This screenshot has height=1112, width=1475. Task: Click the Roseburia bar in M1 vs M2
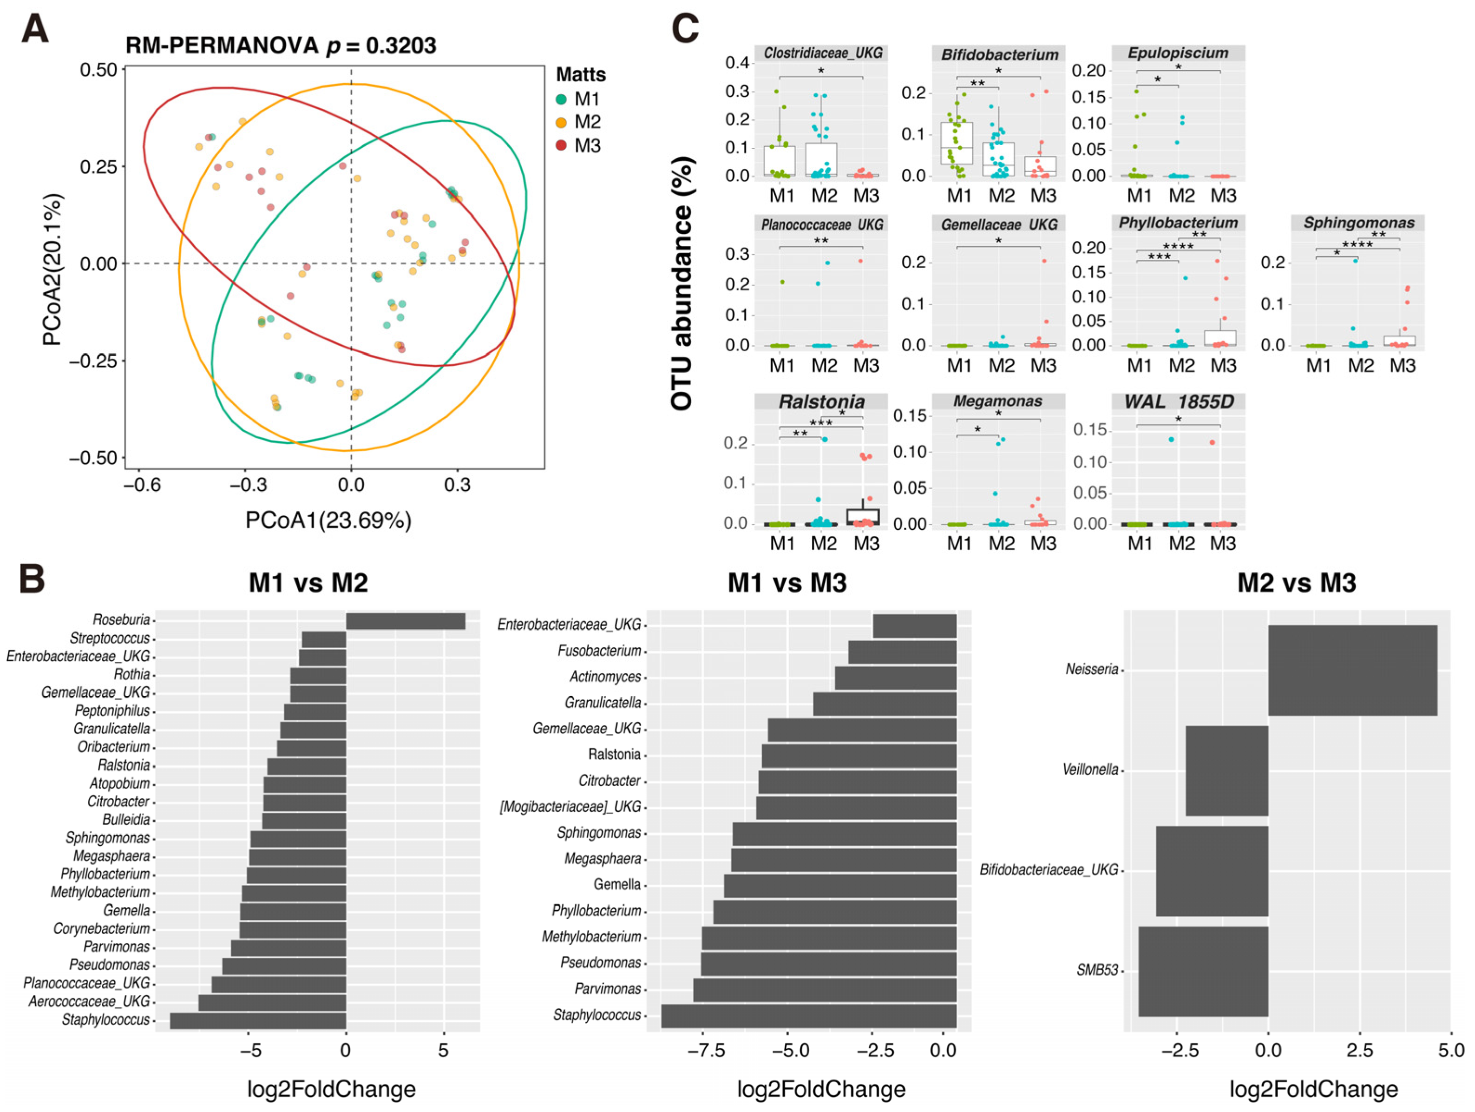(406, 621)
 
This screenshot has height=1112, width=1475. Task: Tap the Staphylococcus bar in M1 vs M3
(808, 1016)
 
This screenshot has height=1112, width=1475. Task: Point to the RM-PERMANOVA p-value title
(281, 46)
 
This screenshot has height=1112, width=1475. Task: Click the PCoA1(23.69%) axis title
(328, 520)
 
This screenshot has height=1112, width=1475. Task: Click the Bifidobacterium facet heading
(999, 54)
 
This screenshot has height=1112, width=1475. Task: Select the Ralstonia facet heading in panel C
(821, 401)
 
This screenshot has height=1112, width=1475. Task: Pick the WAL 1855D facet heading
(1178, 401)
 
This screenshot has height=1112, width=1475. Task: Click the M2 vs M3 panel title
(1296, 582)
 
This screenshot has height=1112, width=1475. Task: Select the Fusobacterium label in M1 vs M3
(599, 651)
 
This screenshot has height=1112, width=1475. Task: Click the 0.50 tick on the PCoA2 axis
(98, 69)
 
